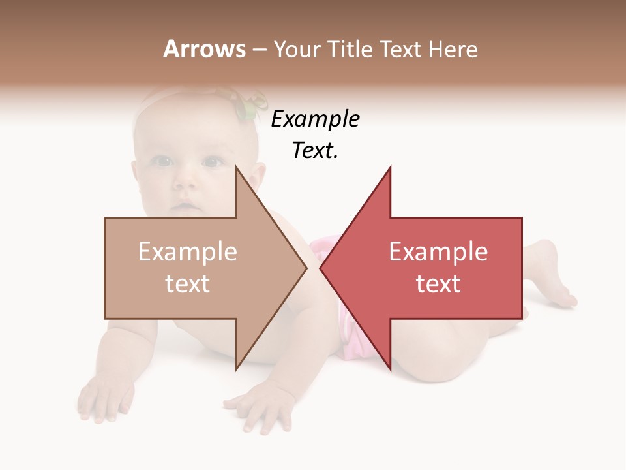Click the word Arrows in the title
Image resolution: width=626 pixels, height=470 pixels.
[x=204, y=49]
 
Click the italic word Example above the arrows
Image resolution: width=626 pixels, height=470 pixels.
[x=315, y=119]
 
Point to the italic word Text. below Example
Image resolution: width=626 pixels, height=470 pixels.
[x=315, y=150]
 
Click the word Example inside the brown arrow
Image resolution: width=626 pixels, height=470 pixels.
[x=188, y=252]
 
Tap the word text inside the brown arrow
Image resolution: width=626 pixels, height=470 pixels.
[x=188, y=283]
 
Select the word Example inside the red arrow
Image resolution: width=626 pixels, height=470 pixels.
[x=438, y=252]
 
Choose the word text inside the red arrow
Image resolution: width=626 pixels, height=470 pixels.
[x=438, y=283]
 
